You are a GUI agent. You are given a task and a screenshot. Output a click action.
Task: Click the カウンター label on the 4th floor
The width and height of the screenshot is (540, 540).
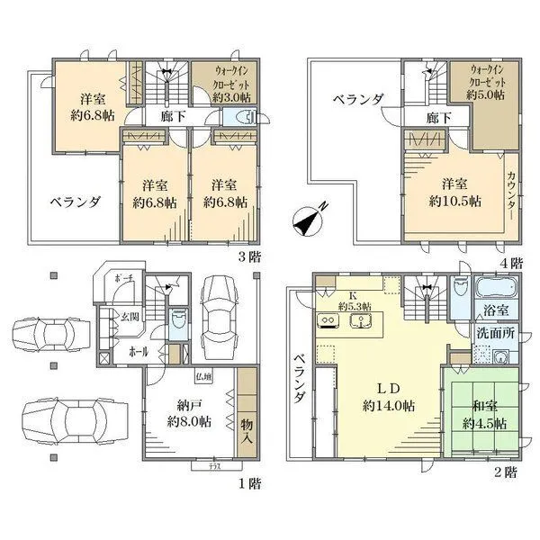[511, 190]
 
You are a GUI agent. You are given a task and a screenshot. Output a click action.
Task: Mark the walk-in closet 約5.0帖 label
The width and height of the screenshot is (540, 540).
[486, 82]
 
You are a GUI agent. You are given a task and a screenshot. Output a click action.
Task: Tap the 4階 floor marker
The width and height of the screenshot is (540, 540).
[511, 263]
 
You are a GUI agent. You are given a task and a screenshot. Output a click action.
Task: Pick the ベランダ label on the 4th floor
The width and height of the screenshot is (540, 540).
[357, 98]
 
